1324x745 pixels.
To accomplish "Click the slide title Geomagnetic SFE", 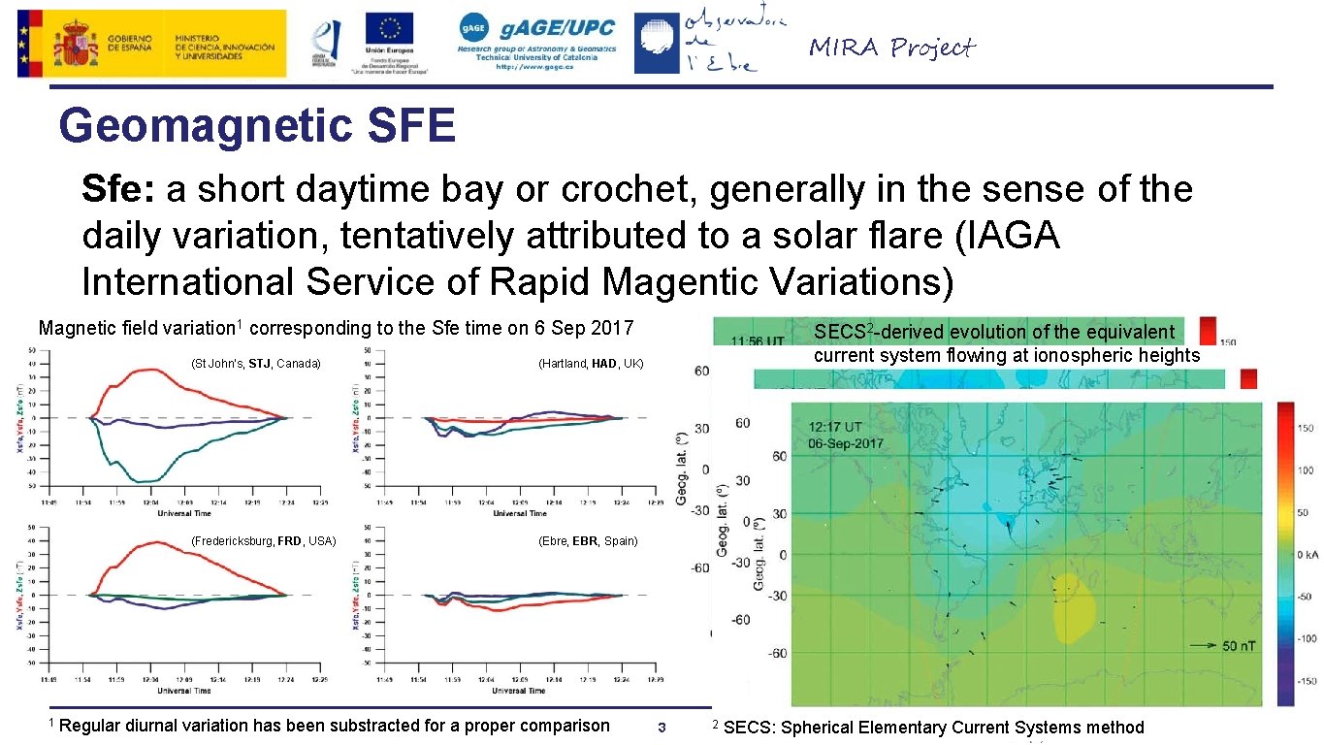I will coord(257,126).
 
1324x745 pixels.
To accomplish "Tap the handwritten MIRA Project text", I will coord(891,48).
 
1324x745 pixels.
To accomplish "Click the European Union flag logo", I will coord(389,29).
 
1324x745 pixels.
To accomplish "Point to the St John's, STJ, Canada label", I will coord(256,364).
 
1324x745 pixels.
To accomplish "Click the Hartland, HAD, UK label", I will coord(591,364).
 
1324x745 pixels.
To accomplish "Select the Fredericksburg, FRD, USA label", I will coord(263,540).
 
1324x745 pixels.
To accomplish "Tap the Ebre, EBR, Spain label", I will coord(588,540).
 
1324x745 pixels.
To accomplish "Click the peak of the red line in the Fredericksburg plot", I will coord(155,542).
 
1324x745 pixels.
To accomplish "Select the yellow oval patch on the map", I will coord(1072,606).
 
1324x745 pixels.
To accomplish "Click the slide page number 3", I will coord(662,728).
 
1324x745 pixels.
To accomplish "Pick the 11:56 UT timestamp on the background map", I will coord(758,341).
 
